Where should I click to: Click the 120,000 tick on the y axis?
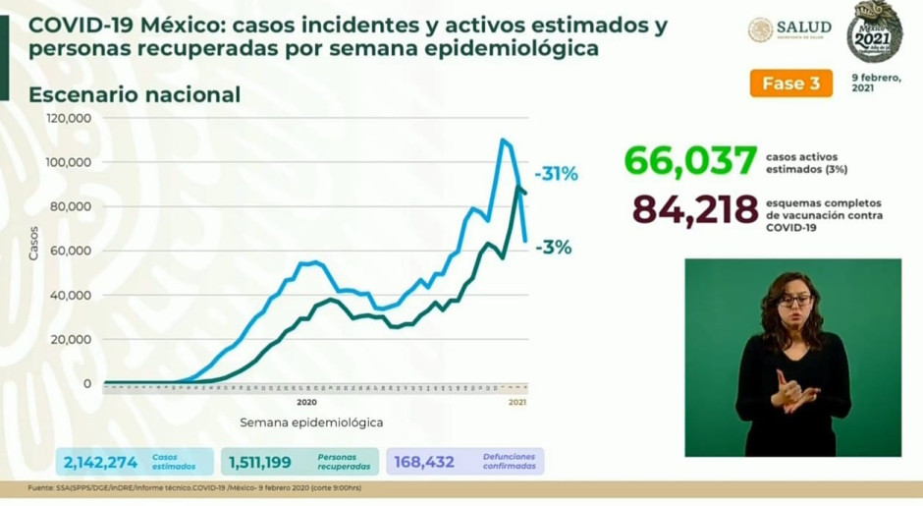70,118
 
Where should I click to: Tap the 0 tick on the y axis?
87,383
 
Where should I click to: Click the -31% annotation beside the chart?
557,174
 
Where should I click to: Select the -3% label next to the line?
554,248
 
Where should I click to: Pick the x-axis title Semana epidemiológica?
310,422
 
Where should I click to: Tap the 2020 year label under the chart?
305,402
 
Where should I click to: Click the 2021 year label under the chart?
518,402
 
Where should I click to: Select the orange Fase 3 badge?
790,84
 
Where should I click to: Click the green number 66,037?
690,160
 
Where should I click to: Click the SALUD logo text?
803,27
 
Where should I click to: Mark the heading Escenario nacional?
135,94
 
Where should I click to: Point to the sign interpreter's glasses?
794,300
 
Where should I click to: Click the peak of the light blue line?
503,140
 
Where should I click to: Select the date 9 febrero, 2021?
875,83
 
